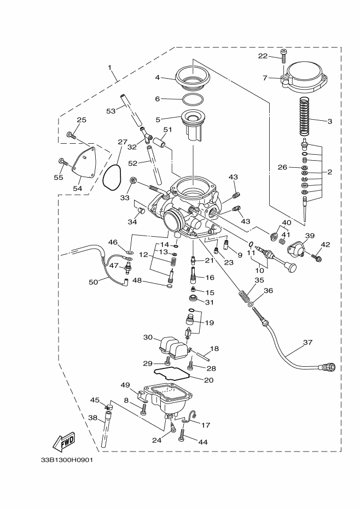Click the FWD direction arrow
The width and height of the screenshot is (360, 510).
(x=64, y=442)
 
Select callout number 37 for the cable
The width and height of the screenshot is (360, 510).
(x=307, y=342)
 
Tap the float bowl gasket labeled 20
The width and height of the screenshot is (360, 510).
(x=172, y=374)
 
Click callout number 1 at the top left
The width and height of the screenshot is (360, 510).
(x=109, y=68)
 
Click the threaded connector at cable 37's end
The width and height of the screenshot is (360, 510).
(x=328, y=367)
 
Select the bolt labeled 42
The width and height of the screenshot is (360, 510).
(x=316, y=257)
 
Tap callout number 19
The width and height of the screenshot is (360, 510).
(x=210, y=323)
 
